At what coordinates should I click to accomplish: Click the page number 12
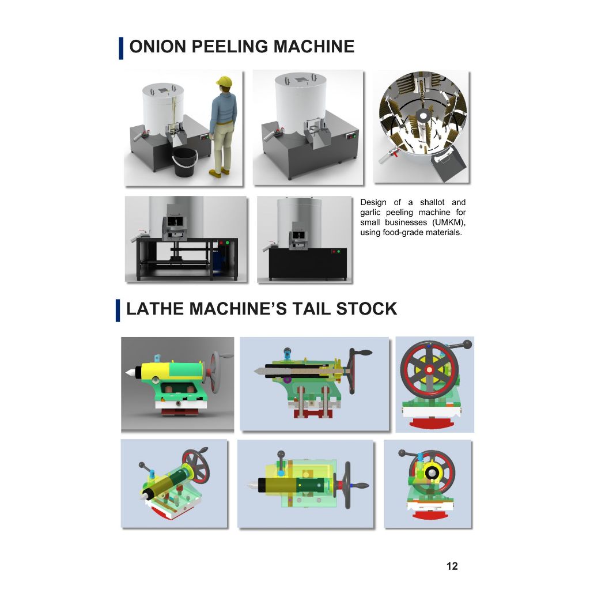click(452, 566)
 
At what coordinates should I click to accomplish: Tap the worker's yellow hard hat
click(224, 81)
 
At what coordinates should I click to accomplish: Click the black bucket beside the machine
click(184, 162)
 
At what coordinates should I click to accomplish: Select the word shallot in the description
click(432, 202)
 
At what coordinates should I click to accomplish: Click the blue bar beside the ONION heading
click(121, 48)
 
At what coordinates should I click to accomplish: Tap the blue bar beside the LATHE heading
click(118, 311)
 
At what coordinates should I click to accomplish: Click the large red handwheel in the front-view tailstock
click(429, 370)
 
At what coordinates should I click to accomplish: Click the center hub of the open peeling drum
click(422, 115)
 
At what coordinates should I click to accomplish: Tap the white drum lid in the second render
click(301, 80)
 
